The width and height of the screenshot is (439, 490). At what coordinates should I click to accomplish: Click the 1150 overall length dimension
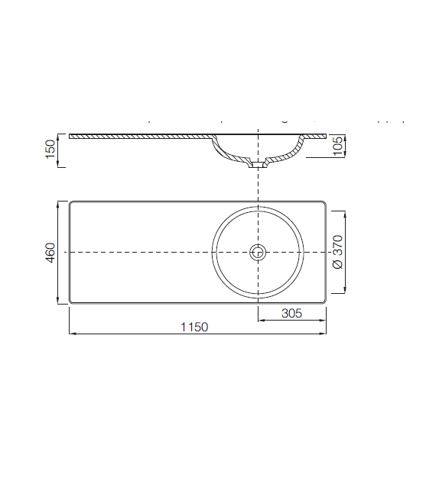[194, 327]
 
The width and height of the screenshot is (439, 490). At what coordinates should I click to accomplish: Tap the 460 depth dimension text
[50, 253]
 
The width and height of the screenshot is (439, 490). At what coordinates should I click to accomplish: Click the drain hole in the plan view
[259, 252]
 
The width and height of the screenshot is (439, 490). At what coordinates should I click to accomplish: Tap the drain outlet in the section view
[259, 165]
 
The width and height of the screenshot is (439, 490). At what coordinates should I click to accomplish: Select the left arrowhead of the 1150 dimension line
[72, 334]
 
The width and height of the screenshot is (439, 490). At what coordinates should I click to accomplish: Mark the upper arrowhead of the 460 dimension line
[60, 204]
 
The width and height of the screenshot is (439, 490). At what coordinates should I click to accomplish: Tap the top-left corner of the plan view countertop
[70, 202]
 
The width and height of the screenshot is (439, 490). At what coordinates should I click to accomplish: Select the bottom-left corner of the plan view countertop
[70, 302]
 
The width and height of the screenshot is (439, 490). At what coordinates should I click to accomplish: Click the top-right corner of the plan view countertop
[327, 202]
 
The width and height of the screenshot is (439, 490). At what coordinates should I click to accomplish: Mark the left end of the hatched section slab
[70, 137]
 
